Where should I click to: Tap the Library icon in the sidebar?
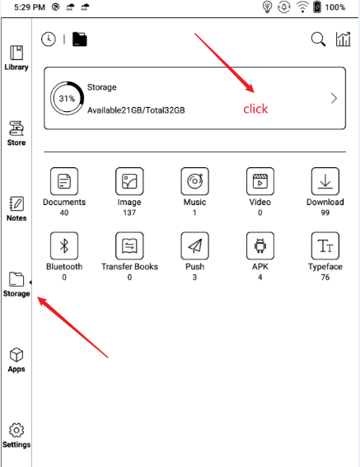click(16, 53)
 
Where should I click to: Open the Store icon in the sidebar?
click(16, 128)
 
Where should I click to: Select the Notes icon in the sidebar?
click(16, 203)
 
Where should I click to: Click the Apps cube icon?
click(16, 355)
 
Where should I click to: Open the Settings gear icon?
click(16, 430)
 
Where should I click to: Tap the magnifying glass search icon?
click(318, 40)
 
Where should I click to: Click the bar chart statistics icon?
click(343, 39)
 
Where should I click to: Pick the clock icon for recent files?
click(49, 40)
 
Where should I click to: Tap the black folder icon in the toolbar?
click(80, 40)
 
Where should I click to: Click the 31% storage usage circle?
click(67, 98)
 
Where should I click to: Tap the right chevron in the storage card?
click(334, 98)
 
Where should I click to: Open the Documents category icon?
click(64, 181)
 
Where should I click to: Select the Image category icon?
click(129, 181)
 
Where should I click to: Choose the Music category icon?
click(194, 181)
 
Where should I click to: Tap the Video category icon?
click(260, 181)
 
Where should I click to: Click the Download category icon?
click(325, 181)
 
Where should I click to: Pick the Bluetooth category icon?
click(64, 245)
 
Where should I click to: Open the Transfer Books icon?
click(129, 245)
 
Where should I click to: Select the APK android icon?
click(260, 245)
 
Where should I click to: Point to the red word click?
click(255, 109)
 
